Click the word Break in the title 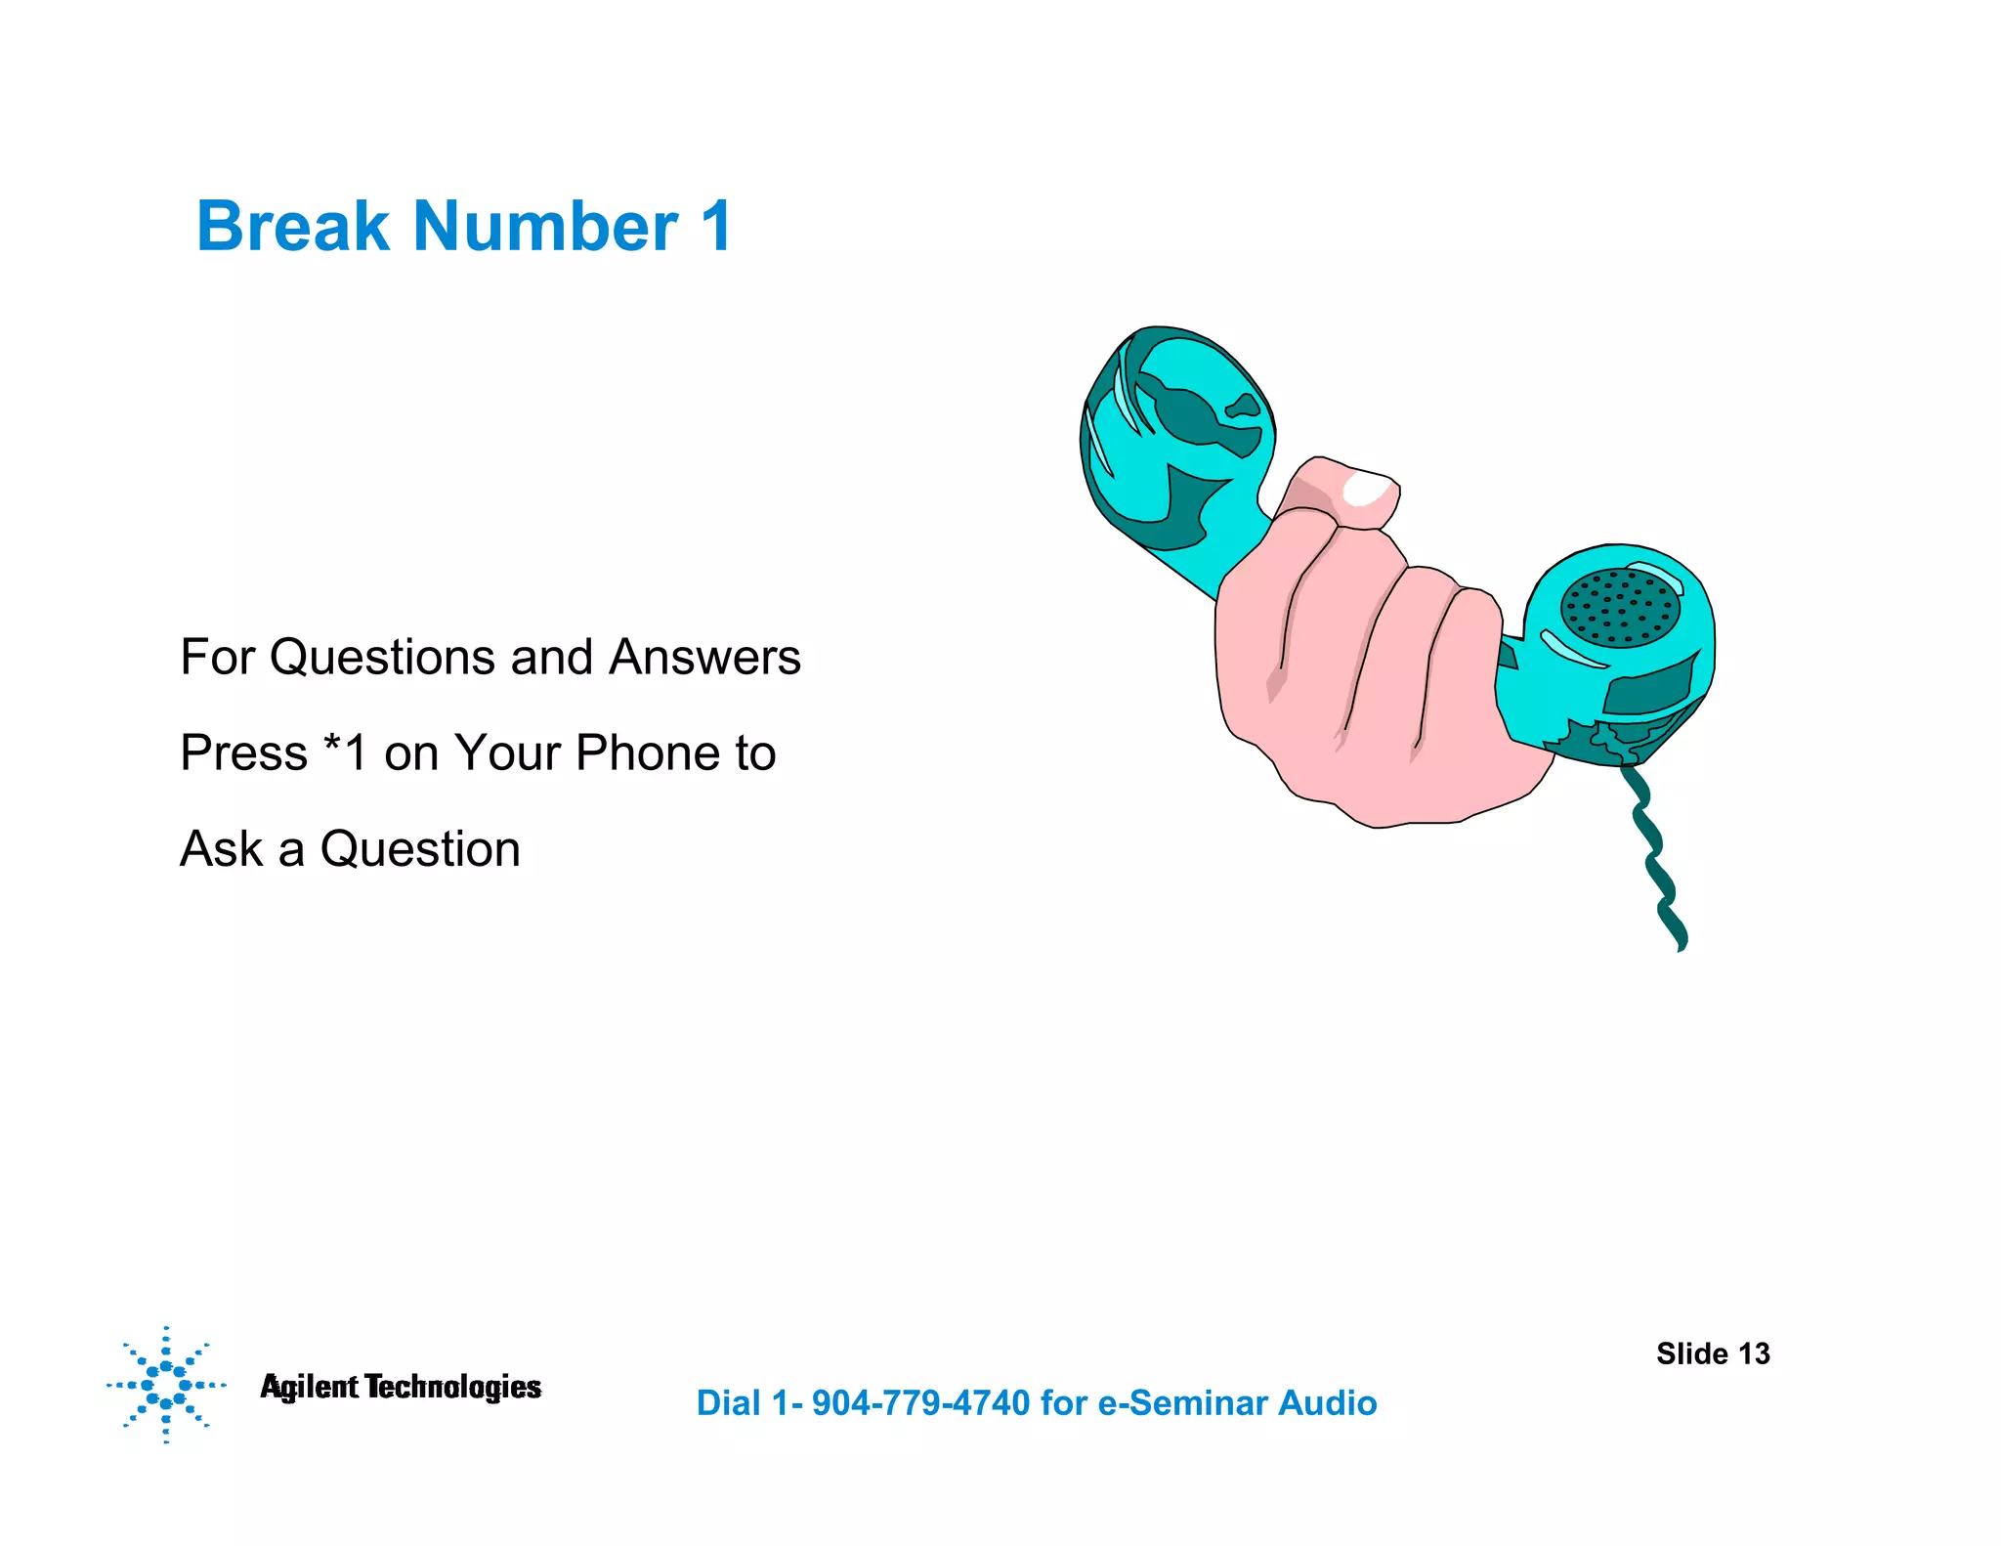(292, 227)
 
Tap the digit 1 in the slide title (716, 227)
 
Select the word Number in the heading (545, 227)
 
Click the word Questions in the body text (382, 658)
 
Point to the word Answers (704, 658)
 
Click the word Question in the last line (420, 849)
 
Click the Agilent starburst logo (166, 1385)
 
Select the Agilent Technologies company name (401, 1387)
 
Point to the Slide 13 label (1713, 1353)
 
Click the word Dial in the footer (728, 1403)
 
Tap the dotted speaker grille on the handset (1620, 608)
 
